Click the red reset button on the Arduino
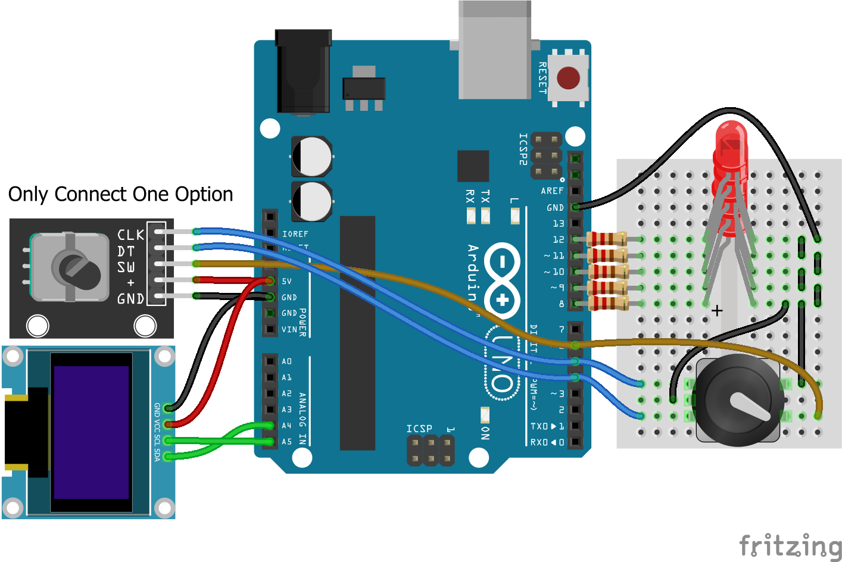(568, 78)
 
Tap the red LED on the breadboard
(730, 149)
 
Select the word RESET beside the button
(542, 78)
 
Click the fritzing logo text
(790, 545)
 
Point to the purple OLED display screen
(91, 432)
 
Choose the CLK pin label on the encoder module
(130, 235)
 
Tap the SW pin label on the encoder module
(126, 267)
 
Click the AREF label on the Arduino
(552, 191)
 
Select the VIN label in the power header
(289, 329)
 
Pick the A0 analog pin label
(286, 361)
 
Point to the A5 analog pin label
(286, 442)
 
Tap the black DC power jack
(303, 71)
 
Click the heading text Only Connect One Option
(120, 194)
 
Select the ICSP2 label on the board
(523, 149)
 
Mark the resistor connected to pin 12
(607, 239)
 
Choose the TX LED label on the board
(485, 197)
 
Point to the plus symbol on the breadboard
(717, 311)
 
